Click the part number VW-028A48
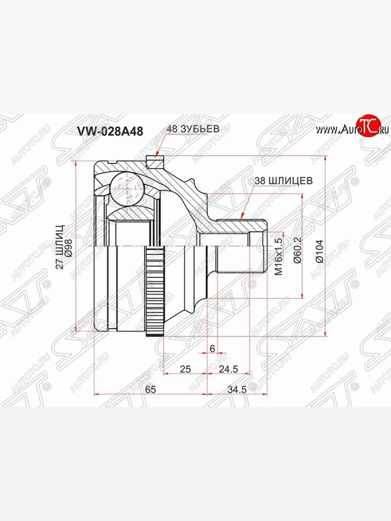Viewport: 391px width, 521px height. click(x=109, y=132)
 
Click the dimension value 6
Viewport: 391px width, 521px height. click(x=212, y=348)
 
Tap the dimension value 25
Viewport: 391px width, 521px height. click(x=186, y=369)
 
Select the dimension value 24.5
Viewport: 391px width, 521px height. click(x=229, y=369)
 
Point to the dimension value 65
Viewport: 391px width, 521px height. click(x=150, y=389)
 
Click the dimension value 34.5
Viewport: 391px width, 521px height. click(x=237, y=389)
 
